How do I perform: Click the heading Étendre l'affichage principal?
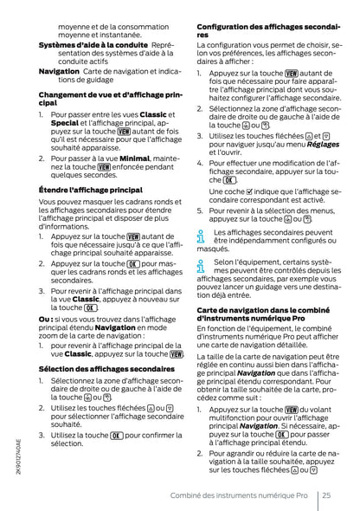pyautogui.click(x=91, y=189)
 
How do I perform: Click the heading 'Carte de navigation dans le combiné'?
pyautogui.click(x=265, y=313)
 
